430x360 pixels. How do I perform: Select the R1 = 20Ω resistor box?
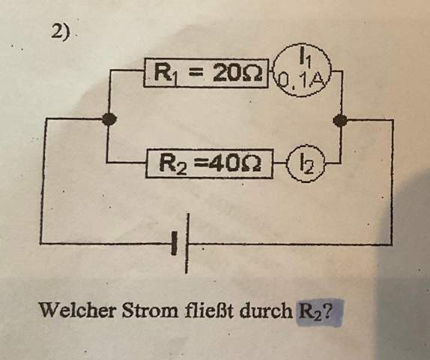[206, 73]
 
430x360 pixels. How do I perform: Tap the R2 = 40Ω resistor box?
[210, 163]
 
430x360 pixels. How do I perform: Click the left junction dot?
[109, 119]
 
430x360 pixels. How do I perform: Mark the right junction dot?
[340, 120]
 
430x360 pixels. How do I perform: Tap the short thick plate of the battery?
[174, 243]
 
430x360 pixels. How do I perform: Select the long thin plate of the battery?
[187, 243]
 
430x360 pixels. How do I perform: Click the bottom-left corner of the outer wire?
[41, 243]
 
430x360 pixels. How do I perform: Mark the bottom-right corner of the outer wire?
[391, 244]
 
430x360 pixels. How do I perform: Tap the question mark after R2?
[327, 310]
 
